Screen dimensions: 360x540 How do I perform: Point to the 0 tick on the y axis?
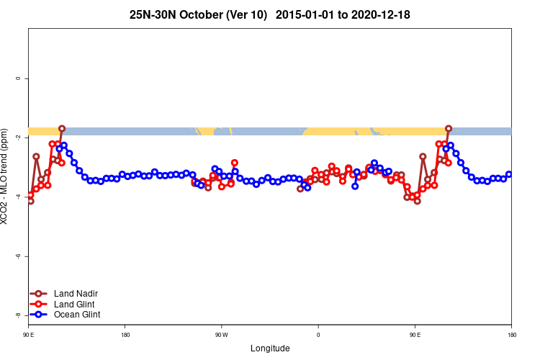point(17,78)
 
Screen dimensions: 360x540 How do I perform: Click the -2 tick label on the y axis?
point(17,138)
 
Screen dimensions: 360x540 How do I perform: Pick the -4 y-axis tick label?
point(17,197)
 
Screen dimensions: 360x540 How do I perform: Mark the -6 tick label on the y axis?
point(17,256)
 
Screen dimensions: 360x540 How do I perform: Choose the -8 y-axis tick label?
point(17,315)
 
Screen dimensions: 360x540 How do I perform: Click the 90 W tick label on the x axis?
point(221,336)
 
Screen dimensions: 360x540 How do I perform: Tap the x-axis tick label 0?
point(318,336)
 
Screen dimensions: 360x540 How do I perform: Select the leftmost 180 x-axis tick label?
point(125,336)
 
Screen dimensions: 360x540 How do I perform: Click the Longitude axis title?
point(270,348)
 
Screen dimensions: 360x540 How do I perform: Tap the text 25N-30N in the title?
point(150,14)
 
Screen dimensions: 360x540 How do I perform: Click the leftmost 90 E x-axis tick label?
point(29,336)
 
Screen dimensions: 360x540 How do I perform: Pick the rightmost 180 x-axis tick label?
point(511,336)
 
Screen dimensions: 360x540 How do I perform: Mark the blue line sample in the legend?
point(40,314)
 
